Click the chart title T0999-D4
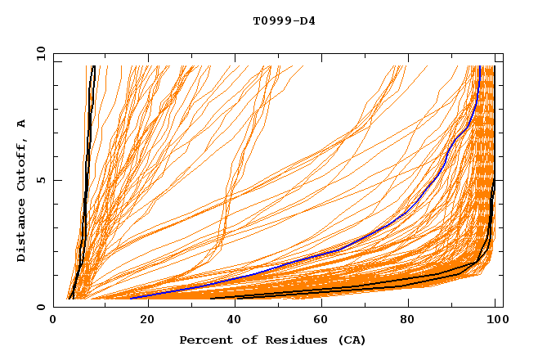pyautogui.click(x=284, y=21)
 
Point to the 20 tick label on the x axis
pyautogui.click(x=142, y=320)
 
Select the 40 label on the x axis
pyautogui.click(x=231, y=320)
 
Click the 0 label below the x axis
pyautogui.click(x=54, y=320)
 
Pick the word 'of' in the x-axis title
pyautogui.click(x=243, y=340)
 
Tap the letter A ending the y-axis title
pyautogui.click(x=21, y=124)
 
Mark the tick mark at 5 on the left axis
pyautogui.click(x=56, y=180)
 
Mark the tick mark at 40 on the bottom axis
pyautogui.click(x=231, y=304)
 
